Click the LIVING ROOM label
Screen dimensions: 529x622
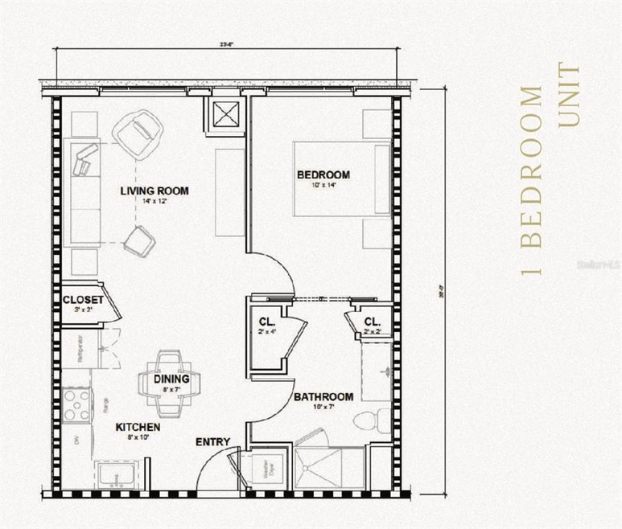tap(154, 191)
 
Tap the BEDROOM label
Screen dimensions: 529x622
tap(323, 174)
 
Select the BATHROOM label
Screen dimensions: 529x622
tap(323, 397)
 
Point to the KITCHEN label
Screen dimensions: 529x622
tap(138, 427)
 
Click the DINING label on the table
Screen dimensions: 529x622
tap(171, 379)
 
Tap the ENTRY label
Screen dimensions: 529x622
tap(213, 442)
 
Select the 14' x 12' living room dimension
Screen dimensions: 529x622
tap(154, 202)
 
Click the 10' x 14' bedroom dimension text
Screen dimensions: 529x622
tap(323, 186)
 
